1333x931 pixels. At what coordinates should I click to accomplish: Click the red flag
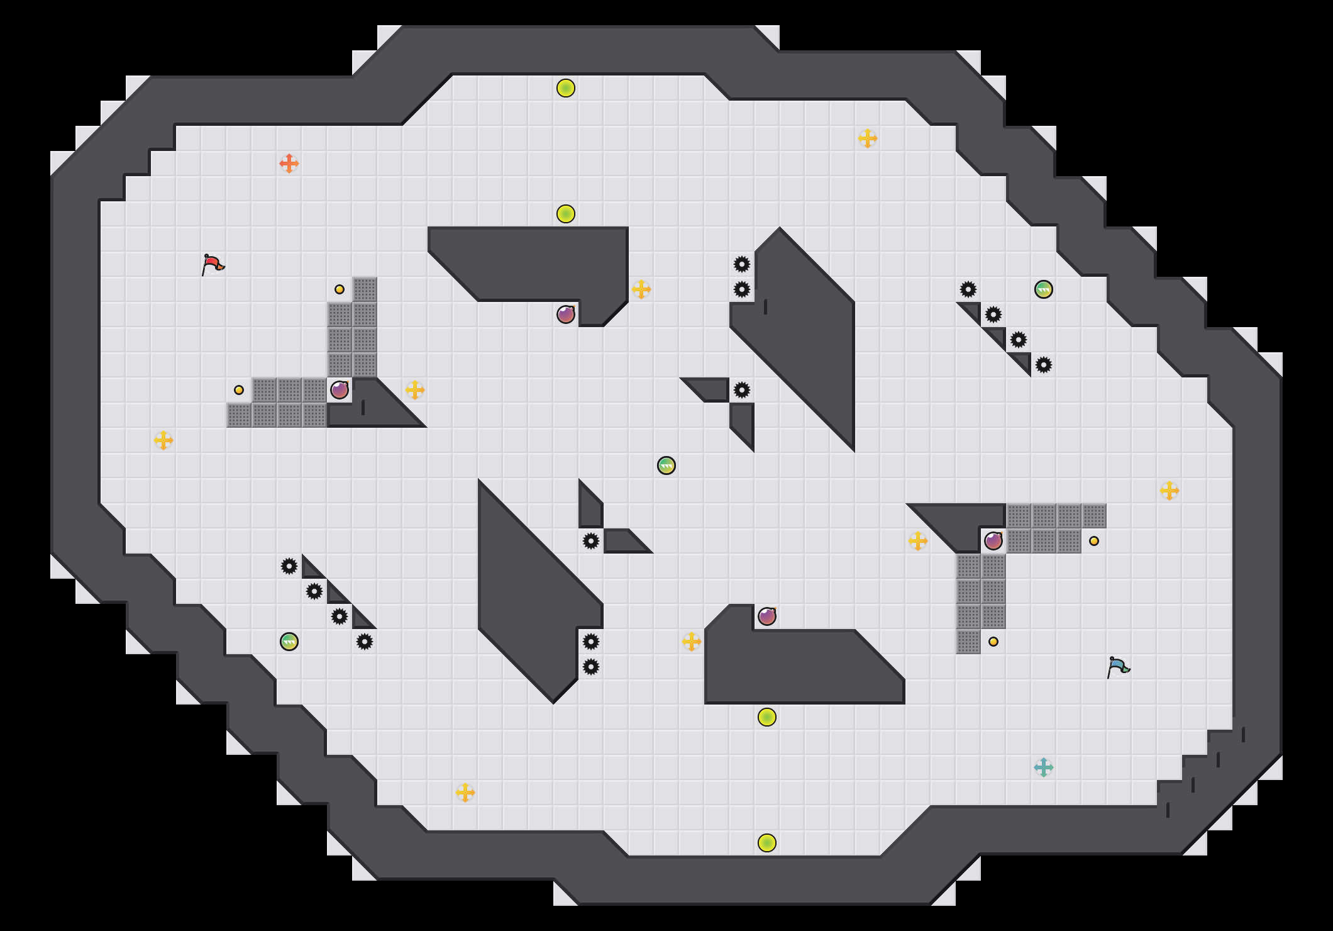(213, 264)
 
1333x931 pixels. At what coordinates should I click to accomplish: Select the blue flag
(1118, 667)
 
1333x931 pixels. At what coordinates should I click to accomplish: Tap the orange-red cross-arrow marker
(289, 164)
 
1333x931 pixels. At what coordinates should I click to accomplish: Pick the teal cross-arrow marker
(1044, 767)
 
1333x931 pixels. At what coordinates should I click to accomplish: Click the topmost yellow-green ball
(566, 88)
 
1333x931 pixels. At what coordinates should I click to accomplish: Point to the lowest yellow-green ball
(767, 843)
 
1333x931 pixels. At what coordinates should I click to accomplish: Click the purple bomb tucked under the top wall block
(566, 315)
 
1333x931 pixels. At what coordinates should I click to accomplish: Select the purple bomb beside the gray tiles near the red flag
(340, 390)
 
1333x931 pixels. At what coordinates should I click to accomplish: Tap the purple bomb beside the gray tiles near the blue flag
(993, 541)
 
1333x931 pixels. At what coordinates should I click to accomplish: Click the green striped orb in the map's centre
(666, 465)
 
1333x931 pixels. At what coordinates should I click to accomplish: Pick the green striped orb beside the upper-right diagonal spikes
(1044, 289)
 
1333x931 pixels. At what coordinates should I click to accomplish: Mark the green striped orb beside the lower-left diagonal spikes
(289, 642)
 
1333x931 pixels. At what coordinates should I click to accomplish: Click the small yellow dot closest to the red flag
(340, 289)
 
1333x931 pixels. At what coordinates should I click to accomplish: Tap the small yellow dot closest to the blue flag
(993, 642)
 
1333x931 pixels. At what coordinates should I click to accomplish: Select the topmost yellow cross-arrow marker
(868, 138)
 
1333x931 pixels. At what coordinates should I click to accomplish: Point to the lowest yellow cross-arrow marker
(465, 793)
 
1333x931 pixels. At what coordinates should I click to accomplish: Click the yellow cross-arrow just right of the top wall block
(641, 289)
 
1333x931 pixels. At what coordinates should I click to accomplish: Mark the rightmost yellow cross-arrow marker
(1170, 491)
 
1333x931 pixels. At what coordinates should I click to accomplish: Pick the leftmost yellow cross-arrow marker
(163, 440)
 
